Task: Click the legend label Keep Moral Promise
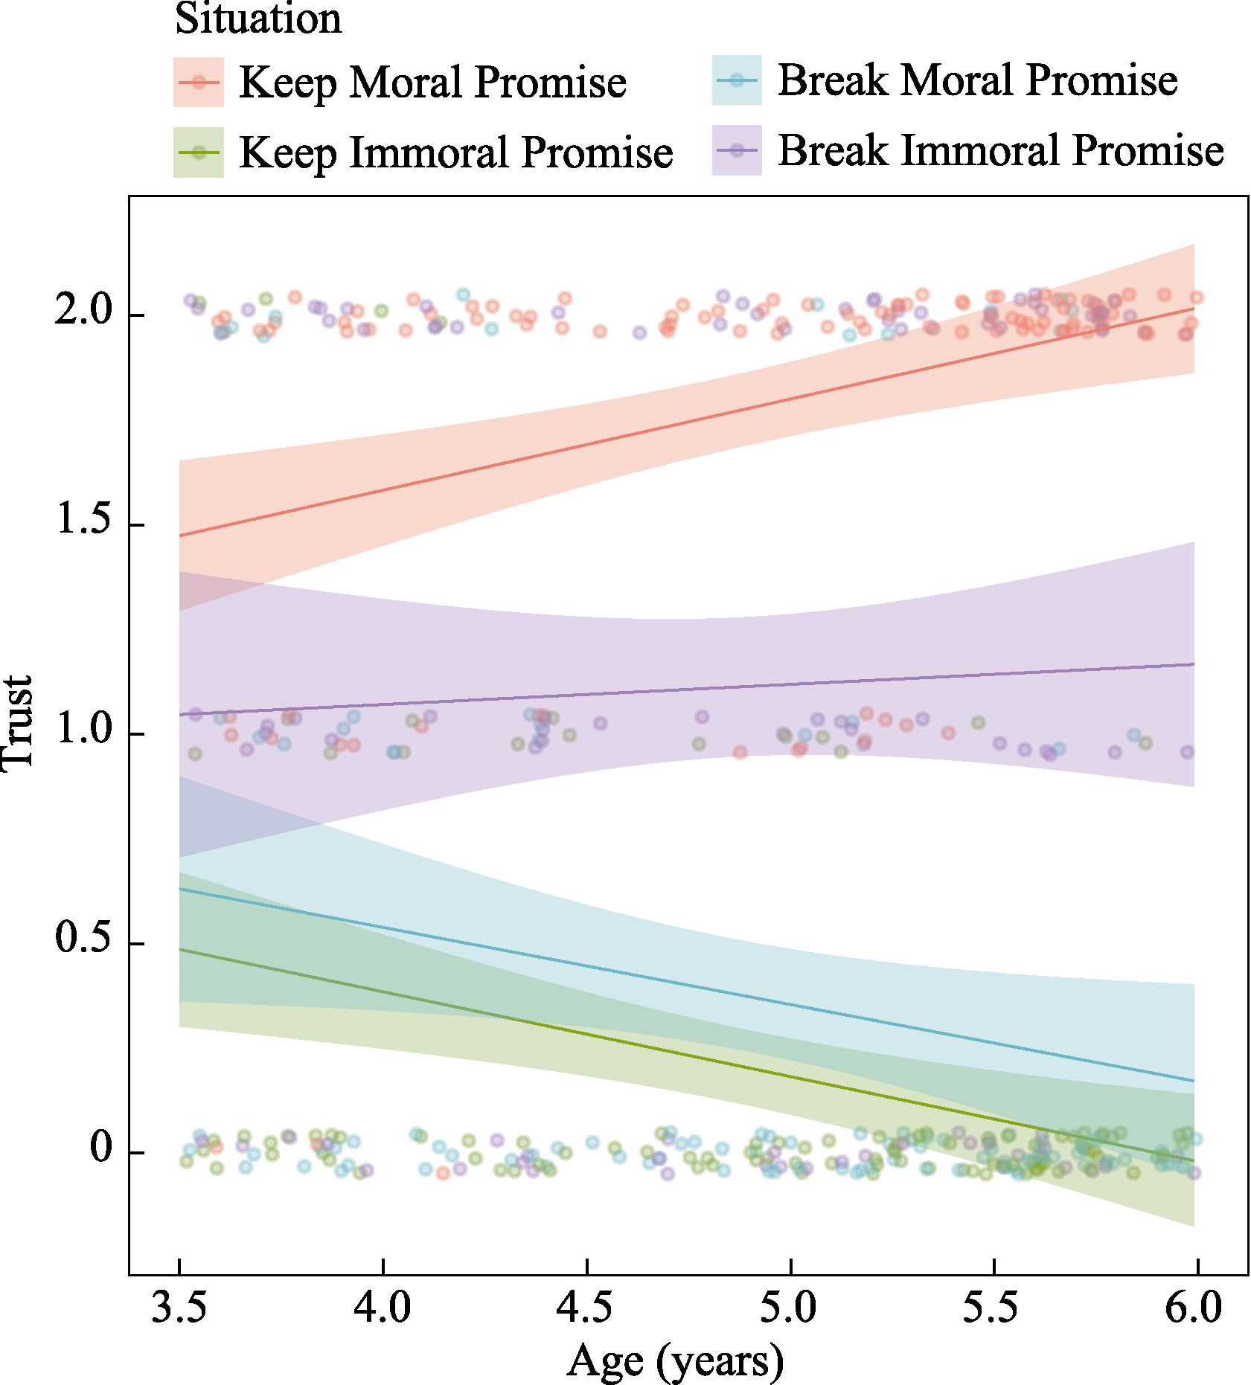(x=432, y=82)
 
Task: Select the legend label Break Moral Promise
(x=977, y=80)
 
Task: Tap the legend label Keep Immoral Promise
(x=455, y=152)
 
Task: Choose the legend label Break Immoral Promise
(x=1000, y=150)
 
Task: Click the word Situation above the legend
(x=257, y=19)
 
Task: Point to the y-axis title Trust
(x=18, y=724)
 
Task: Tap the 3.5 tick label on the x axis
(x=179, y=1307)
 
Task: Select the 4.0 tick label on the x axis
(x=383, y=1307)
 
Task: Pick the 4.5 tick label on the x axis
(x=586, y=1307)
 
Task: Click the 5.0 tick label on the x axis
(x=789, y=1307)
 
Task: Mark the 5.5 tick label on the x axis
(x=992, y=1307)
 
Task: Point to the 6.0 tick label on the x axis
(x=1194, y=1307)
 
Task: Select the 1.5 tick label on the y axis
(x=83, y=520)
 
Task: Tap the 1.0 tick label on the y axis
(x=83, y=730)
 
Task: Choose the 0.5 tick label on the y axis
(x=83, y=939)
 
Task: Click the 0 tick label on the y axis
(x=101, y=1148)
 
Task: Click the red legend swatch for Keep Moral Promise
(x=199, y=82)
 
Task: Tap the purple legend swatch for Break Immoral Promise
(x=737, y=150)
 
